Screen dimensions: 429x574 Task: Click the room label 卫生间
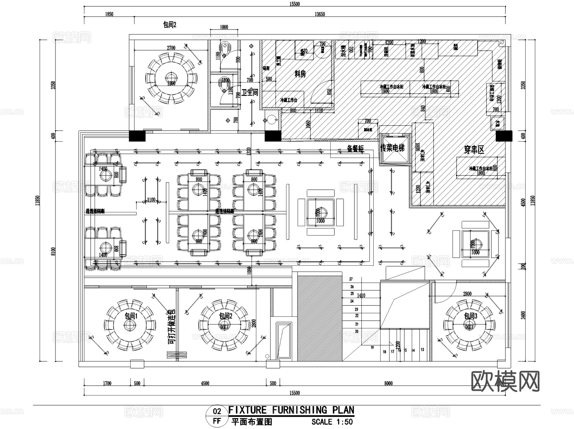(x=250, y=93)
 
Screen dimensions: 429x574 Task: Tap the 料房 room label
(x=300, y=74)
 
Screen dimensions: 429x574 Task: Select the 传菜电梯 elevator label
(x=392, y=148)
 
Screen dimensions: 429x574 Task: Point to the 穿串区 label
(x=474, y=150)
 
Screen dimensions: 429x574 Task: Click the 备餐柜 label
(x=355, y=149)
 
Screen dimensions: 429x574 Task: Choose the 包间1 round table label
(x=131, y=316)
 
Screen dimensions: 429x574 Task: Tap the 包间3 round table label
(x=471, y=316)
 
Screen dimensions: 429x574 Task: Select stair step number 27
(x=351, y=279)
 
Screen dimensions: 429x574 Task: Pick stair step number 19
(x=372, y=347)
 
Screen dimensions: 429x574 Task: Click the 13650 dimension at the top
(x=320, y=14)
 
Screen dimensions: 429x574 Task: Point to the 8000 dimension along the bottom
(x=388, y=383)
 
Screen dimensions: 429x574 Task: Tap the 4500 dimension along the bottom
(x=205, y=383)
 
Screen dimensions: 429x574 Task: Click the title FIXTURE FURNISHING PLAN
(x=291, y=410)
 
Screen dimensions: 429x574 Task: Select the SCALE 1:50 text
(x=332, y=422)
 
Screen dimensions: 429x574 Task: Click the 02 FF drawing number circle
(x=217, y=416)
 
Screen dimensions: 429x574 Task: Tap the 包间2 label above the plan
(x=170, y=25)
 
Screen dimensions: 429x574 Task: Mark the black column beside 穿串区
(x=504, y=136)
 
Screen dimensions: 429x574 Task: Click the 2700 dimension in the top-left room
(x=171, y=48)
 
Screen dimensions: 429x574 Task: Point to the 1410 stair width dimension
(x=361, y=296)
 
